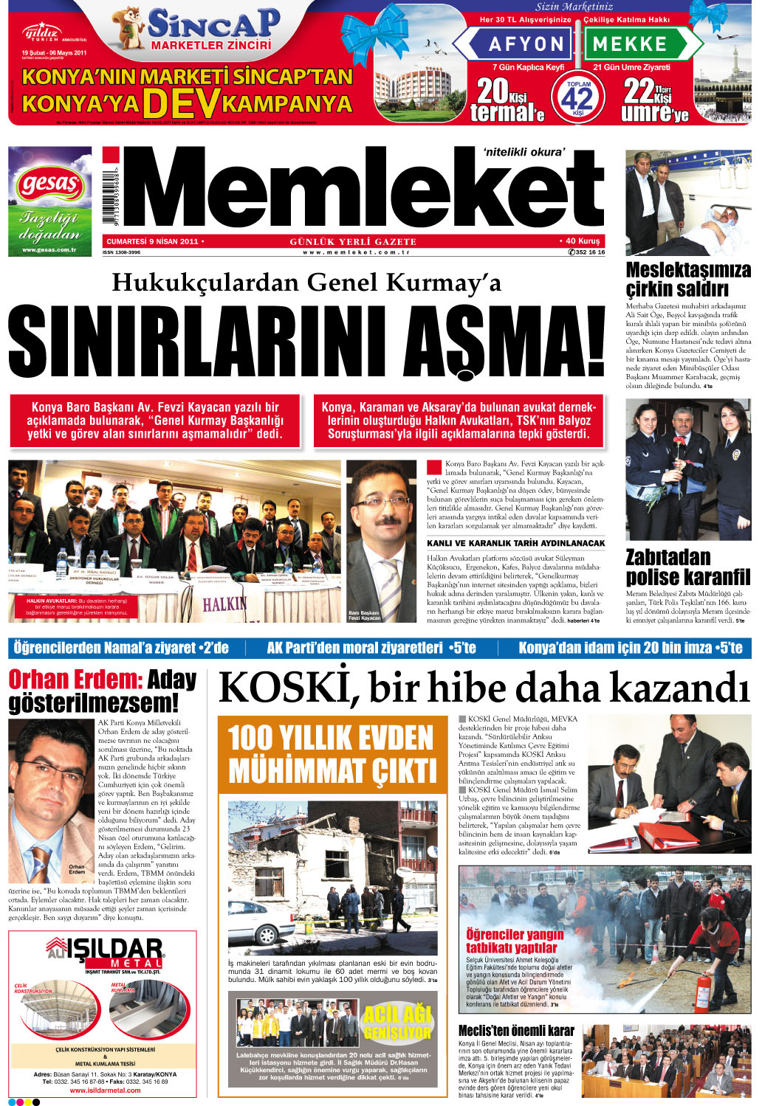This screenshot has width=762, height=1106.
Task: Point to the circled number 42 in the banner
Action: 579,98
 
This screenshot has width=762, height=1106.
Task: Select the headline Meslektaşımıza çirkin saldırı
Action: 687,280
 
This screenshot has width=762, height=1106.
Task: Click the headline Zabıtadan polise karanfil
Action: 687,567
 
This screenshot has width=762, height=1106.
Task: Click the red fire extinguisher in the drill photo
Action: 705,988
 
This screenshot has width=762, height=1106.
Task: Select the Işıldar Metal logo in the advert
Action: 104,952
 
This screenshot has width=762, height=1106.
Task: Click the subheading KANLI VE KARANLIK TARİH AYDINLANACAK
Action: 515,543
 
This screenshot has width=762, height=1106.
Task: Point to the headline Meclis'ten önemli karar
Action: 515,1030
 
